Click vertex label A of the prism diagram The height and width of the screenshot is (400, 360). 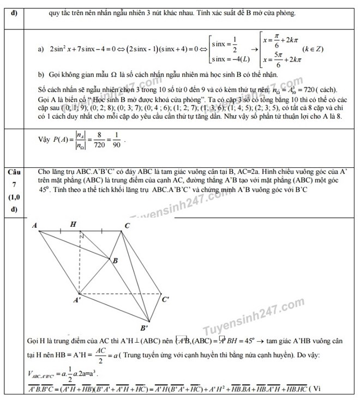35,225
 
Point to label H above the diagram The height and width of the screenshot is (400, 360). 73,224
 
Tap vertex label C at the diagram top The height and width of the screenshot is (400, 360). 127,226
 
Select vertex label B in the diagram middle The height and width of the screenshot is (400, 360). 115,261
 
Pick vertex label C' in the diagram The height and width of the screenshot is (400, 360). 166,299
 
